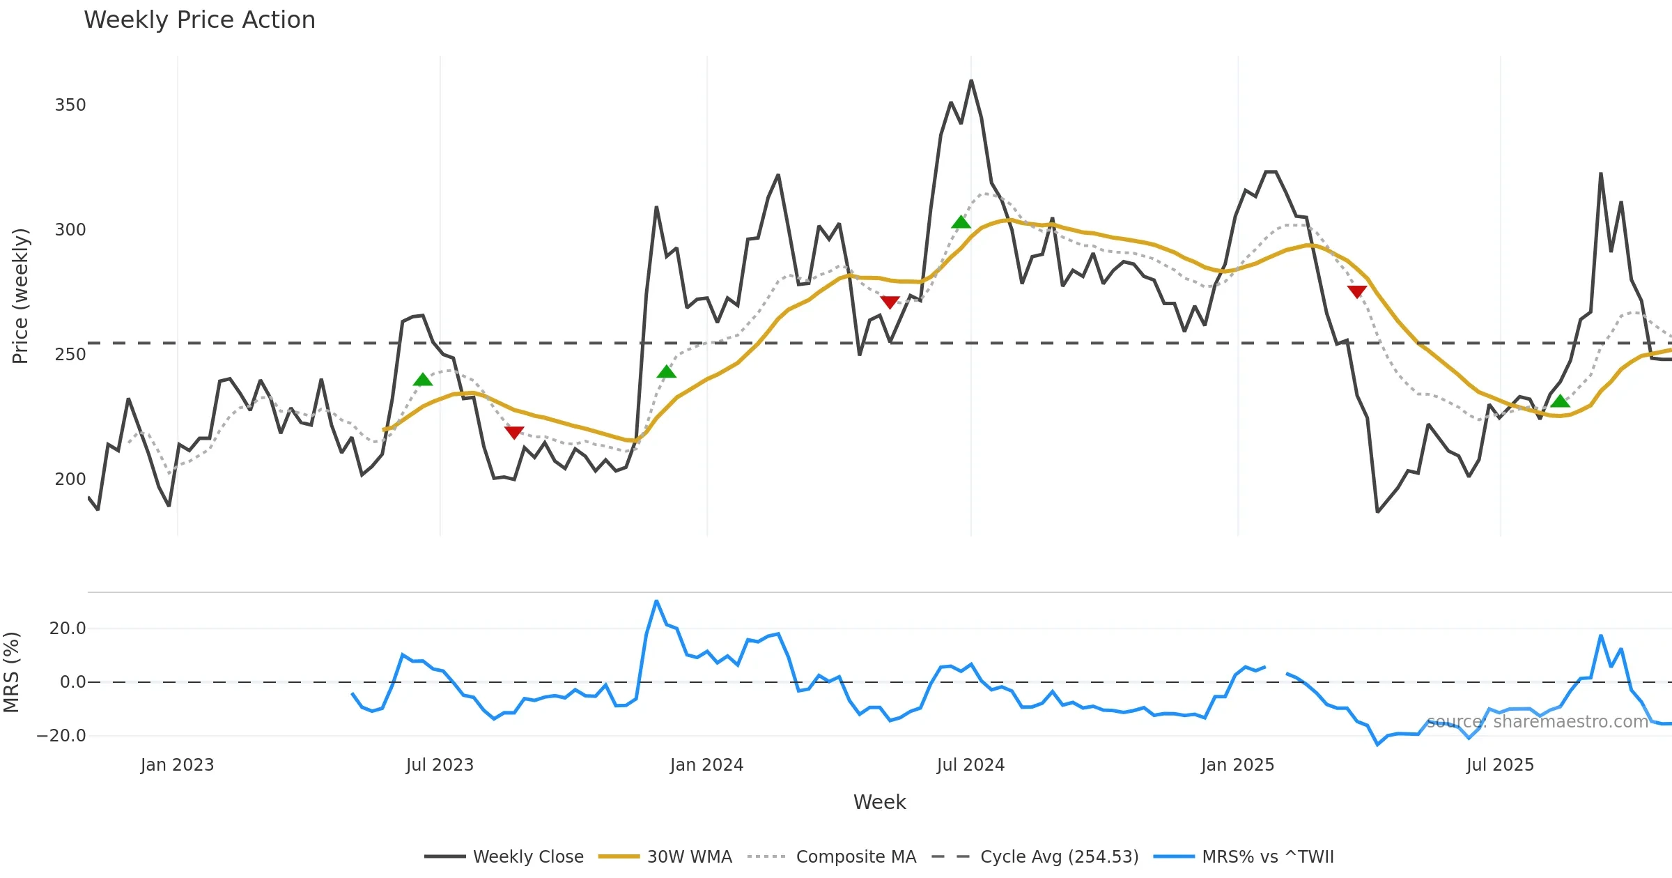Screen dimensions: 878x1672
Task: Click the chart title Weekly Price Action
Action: (x=199, y=20)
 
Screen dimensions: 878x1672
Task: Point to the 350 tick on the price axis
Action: (x=70, y=105)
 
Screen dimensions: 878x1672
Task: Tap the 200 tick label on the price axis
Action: (x=70, y=479)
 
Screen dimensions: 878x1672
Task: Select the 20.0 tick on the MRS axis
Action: (x=68, y=629)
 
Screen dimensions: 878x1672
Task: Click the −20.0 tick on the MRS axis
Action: (x=61, y=736)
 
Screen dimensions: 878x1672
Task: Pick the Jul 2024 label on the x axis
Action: (x=970, y=765)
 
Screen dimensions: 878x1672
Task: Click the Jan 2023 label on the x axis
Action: (x=177, y=765)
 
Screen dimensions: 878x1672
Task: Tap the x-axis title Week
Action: (x=879, y=803)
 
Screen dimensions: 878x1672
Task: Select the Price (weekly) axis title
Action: (x=21, y=296)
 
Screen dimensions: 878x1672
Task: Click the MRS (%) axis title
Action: (x=12, y=672)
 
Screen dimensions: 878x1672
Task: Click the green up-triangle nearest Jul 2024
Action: (x=961, y=222)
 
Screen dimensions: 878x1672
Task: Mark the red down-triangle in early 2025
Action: (x=1356, y=291)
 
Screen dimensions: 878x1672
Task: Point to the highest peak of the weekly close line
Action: (x=971, y=81)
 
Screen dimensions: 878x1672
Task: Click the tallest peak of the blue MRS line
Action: (x=656, y=601)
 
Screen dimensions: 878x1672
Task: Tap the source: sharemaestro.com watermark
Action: (x=1537, y=722)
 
